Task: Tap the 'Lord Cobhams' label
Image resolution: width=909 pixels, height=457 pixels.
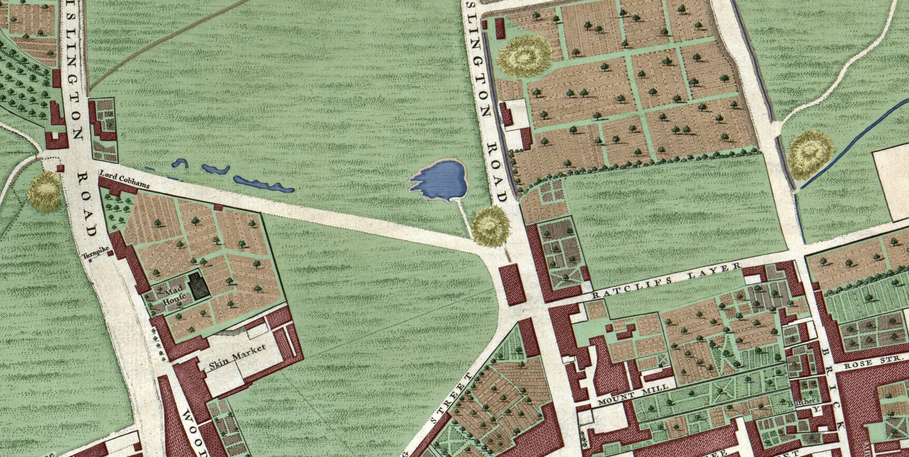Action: coord(124,180)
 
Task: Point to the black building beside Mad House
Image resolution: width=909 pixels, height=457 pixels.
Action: coord(197,286)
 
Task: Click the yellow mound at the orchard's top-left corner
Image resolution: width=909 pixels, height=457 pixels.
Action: coord(524,56)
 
